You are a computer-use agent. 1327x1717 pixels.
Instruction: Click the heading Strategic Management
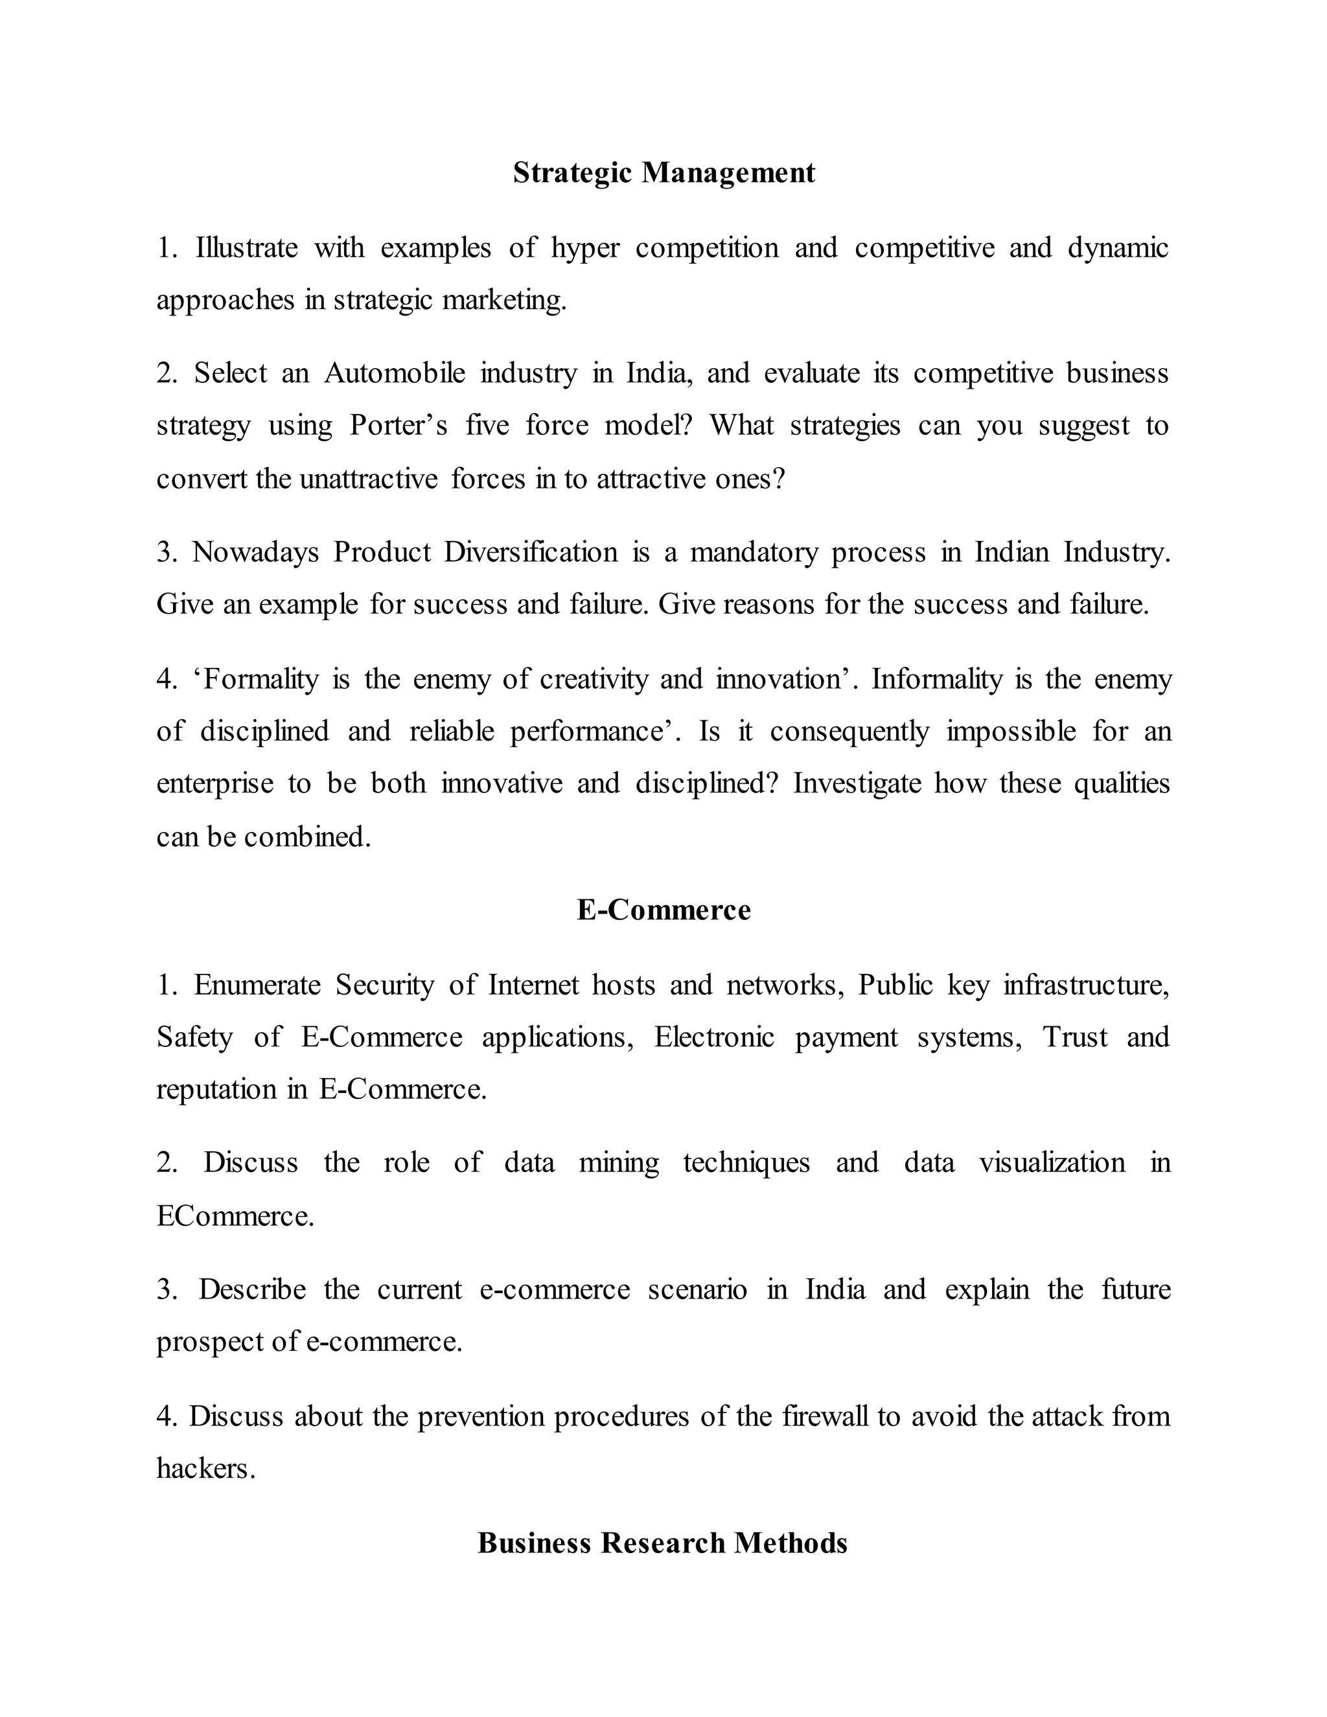click(663, 172)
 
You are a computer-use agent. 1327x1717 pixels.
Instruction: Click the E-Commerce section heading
click(663, 910)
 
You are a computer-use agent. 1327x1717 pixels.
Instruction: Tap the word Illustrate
click(246, 248)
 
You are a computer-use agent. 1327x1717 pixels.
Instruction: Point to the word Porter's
click(398, 425)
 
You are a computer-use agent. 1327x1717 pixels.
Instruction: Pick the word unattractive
click(368, 478)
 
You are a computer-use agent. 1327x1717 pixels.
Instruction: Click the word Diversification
click(531, 552)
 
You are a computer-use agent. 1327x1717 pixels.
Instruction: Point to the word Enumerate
click(257, 984)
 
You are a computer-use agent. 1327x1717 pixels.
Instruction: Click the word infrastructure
click(1087, 984)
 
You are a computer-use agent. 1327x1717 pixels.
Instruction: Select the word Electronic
click(714, 1037)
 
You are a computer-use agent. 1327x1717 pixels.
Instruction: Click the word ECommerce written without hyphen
click(235, 1216)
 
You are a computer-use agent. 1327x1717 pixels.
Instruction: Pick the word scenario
click(697, 1289)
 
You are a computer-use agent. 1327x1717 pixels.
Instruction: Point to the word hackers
click(205, 1468)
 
